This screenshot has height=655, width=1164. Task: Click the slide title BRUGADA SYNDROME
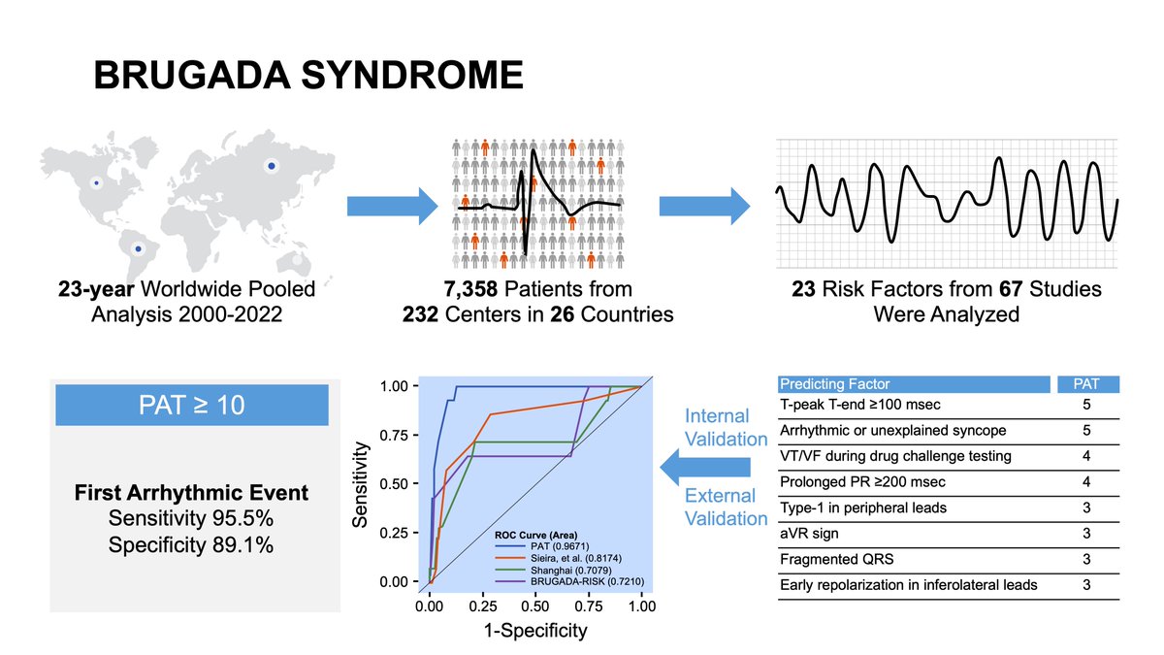307,77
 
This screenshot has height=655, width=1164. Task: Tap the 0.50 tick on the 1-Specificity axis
534,606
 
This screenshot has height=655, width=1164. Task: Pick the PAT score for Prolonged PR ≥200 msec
1085,481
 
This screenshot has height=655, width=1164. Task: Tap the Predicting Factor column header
835,384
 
